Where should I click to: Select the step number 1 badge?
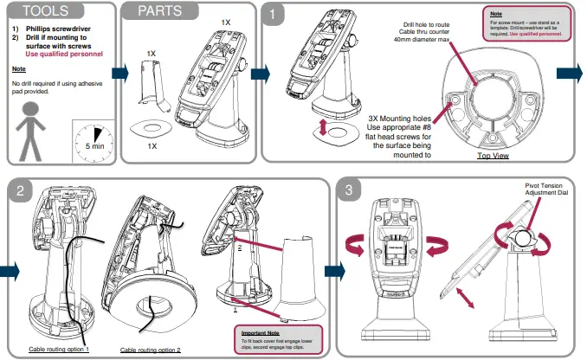point(275,15)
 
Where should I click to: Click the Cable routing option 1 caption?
point(60,349)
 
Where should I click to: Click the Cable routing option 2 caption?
point(151,350)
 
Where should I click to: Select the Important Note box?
point(278,337)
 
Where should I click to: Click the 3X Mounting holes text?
point(398,119)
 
